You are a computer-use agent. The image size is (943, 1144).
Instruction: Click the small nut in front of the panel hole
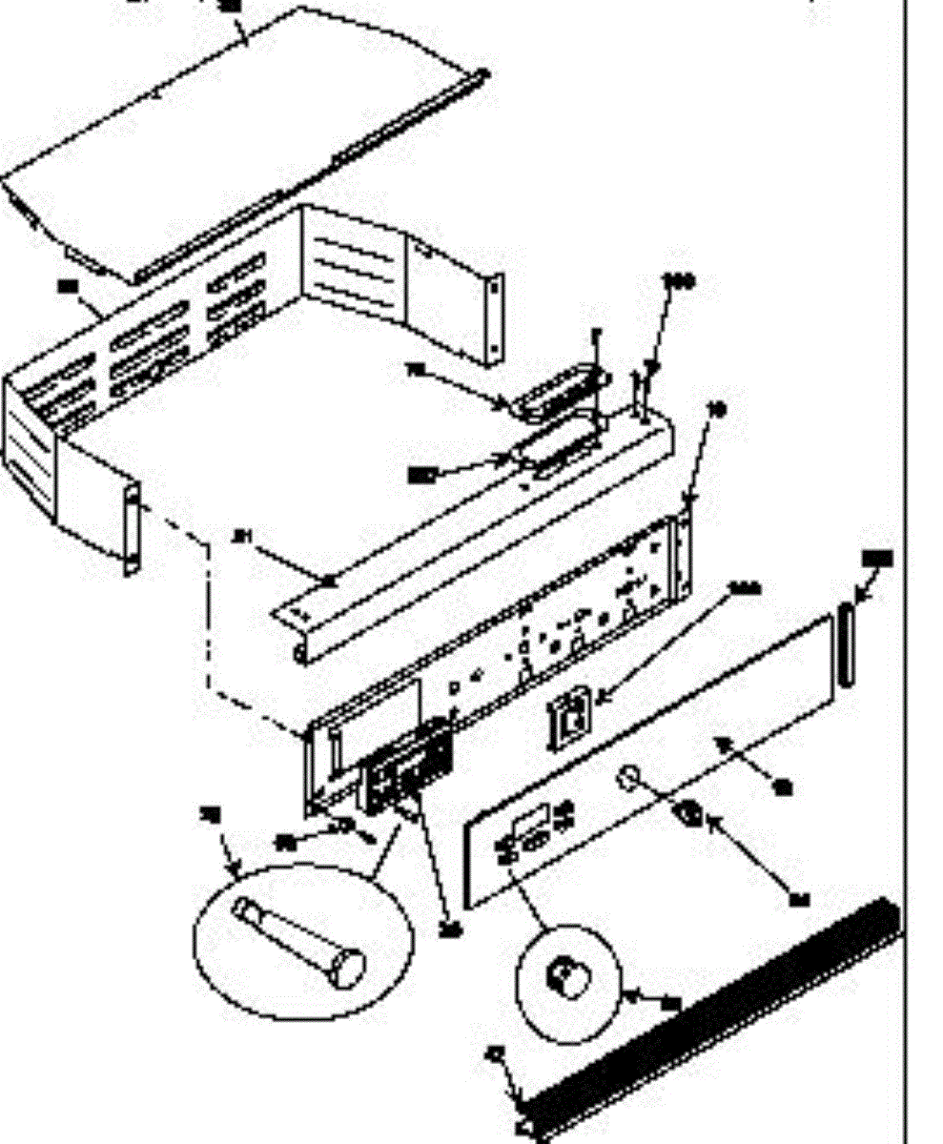click(688, 816)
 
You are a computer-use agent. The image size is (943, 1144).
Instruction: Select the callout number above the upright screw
click(679, 282)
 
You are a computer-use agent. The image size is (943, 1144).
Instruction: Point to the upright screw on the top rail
click(638, 391)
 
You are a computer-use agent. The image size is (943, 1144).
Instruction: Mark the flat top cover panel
click(238, 143)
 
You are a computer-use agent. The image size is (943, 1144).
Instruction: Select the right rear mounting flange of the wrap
click(494, 319)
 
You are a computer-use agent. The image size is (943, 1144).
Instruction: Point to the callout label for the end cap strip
click(876, 559)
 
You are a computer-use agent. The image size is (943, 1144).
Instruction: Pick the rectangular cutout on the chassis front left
click(381, 710)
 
